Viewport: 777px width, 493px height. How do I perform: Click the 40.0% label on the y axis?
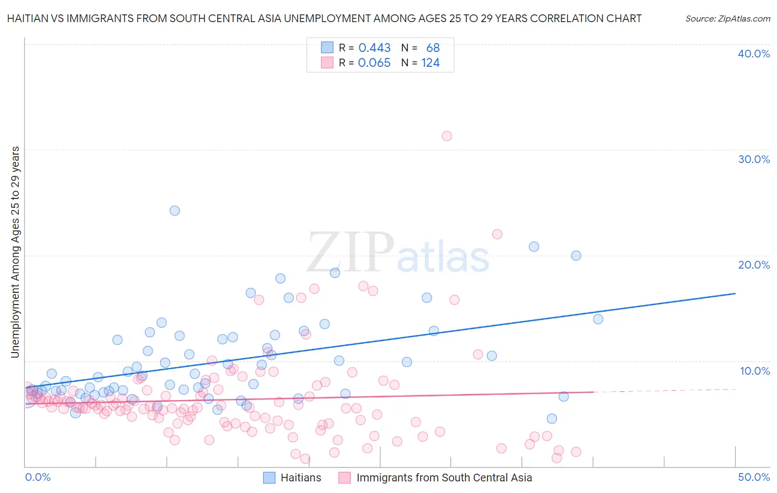(753, 54)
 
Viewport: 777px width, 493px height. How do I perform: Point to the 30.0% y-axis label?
(753, 159)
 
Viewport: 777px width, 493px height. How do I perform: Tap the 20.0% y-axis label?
(753, 265)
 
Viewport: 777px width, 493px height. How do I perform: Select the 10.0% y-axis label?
(754, 371)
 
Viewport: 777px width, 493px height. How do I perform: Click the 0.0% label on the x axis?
(38, 477)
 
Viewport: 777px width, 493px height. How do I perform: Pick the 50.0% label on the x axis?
(753, 477)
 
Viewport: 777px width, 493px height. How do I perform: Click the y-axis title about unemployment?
(15, 252)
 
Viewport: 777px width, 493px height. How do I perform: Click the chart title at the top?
(324, 18)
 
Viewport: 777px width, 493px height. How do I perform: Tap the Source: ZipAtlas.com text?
(727, 18)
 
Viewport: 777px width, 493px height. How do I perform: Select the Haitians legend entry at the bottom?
(301, 478)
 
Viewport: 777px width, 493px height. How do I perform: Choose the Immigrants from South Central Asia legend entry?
(444, 478)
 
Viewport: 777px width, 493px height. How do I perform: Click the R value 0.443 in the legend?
(374, 48)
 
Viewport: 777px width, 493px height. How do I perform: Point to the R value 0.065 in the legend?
(374, 63)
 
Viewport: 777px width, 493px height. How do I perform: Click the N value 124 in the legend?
(431, 63)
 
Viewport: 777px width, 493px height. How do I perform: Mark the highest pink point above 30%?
(447, 136)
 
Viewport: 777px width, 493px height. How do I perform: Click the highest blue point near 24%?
(175, 211)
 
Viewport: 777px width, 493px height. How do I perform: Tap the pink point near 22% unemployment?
(497, 234)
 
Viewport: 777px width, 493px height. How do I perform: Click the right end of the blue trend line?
(735, 293)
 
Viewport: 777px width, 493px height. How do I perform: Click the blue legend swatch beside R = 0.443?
(327, 48)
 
